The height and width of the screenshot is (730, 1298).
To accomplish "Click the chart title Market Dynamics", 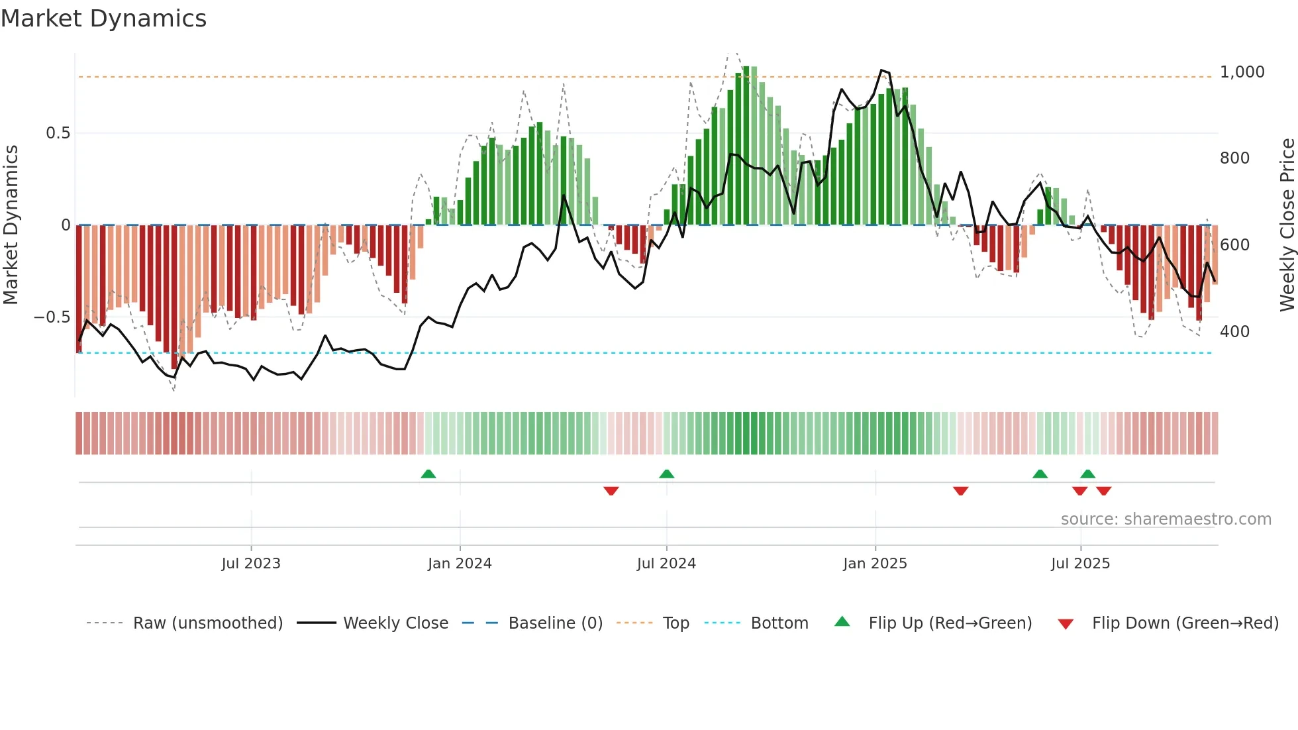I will [x=104, y=19].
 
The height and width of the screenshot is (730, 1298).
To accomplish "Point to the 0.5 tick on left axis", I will [x=58, y=133].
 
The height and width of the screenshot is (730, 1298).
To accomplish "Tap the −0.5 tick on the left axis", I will [x=52, y=317].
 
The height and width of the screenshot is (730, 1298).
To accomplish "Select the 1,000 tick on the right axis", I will [x=1242, y=72].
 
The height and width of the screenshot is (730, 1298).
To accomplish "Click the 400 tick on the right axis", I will [x=1234, y=332].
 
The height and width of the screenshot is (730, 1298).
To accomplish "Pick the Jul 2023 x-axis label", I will [x=251, y=564].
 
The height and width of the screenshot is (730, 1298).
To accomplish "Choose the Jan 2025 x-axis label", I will [x=875, y=564].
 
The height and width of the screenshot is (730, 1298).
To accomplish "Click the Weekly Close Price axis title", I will [x=1287, y=225].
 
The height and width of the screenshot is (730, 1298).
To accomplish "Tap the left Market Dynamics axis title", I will [x=11, y=225].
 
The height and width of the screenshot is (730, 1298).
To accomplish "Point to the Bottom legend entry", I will [x=779, y=623].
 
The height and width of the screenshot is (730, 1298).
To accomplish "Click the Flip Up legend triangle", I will [x=842, y=621].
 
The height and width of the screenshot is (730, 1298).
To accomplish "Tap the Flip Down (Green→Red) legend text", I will [x=1185, y=623].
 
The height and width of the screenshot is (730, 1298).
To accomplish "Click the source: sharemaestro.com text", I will [x=1166, y=519].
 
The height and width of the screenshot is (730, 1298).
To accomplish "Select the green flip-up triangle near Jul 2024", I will [x=667, y=474].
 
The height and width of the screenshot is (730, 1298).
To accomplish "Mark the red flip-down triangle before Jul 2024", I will [x=611, y=491].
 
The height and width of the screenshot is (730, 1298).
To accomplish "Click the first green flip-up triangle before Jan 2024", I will [x=428, y=474].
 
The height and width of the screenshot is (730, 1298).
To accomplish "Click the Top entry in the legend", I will [x=675, y=623].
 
